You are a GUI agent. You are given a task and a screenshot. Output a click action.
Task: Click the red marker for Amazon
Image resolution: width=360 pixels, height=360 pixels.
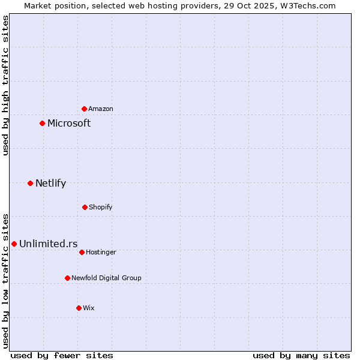tap(84, 109)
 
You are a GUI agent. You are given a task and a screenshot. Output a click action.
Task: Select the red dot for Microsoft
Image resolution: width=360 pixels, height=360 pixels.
tap(42, 123)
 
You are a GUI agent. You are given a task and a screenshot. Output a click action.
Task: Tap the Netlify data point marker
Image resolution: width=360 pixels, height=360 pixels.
tap(30, 183)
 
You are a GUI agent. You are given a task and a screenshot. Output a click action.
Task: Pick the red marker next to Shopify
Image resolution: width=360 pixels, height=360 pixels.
tap(85, 207)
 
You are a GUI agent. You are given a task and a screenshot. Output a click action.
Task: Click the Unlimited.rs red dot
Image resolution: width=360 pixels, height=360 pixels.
tap(14, 244)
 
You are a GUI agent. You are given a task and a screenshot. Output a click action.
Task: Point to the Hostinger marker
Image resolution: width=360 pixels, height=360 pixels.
tap(82, 252)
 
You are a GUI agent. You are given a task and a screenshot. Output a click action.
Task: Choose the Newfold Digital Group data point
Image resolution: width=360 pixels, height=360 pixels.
tap(67, 278)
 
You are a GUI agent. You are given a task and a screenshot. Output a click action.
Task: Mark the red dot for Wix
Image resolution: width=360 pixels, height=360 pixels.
tap(79, 308)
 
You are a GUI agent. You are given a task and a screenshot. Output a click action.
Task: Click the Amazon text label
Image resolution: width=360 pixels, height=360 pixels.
tap(101, 109)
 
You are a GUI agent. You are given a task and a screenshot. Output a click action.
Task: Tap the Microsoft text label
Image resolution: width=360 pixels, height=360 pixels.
tap(69, 123)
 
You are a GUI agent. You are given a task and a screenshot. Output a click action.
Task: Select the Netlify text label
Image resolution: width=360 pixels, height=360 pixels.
tap(50, 183)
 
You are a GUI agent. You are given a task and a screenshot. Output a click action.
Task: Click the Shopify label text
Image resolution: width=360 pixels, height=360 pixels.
tap(101, 207)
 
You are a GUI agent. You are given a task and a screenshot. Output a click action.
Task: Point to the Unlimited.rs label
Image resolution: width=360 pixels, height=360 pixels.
tap(48, 244)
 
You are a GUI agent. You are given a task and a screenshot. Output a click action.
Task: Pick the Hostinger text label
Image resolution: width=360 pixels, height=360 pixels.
tap(101, 252)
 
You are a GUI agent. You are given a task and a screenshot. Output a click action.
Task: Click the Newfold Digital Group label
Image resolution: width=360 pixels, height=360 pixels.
tap(106, 278)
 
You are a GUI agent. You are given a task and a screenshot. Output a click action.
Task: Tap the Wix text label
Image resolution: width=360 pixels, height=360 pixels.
tap(89, 308)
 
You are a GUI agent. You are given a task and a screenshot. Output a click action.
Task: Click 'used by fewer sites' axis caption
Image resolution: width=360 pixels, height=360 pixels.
tap(62, 355)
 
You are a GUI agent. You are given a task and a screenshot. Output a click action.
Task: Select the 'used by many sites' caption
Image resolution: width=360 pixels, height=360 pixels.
tap(301, 355)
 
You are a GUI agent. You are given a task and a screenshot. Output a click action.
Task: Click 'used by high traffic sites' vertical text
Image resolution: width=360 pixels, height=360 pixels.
tap(5, 85)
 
